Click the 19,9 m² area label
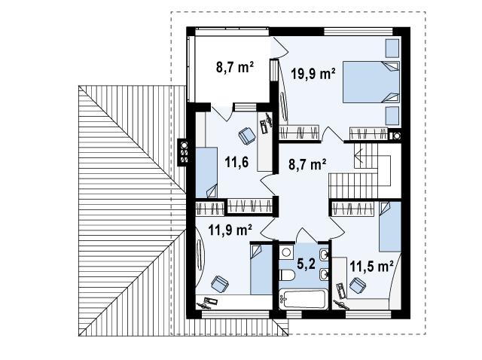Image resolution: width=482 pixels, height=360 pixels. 313,74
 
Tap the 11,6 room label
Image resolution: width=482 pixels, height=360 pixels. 236,162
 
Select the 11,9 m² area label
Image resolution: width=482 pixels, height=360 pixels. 230,230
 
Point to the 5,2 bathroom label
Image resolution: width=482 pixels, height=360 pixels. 307,264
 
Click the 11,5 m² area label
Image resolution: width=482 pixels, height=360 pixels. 371,266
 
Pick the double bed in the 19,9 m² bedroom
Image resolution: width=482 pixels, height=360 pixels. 371,82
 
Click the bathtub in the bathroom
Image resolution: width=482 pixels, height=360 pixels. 303,299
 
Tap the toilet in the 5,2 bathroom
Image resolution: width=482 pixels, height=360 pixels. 288,275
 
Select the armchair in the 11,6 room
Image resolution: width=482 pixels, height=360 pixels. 247,136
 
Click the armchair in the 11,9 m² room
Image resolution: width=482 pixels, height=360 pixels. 220,284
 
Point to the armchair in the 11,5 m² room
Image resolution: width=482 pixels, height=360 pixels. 358,285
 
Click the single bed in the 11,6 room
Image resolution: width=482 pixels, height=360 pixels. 206,172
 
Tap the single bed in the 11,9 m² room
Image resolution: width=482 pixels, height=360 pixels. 261,270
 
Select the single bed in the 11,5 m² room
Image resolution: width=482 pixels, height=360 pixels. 390,227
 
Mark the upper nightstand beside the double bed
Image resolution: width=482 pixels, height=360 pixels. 392,48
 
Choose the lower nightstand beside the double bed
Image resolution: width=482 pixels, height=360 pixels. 392,115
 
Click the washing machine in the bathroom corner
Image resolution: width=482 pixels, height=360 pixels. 286,252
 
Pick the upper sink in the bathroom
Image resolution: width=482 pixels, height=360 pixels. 324,255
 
